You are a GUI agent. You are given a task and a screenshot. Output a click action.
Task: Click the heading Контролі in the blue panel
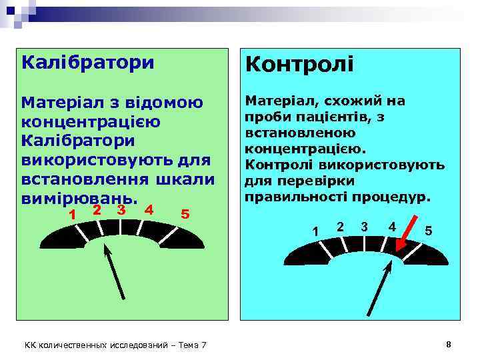click(299, 65)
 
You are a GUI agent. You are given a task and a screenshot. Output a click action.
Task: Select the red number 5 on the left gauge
click(185, 214)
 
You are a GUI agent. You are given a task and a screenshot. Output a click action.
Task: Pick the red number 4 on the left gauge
click(149, 209)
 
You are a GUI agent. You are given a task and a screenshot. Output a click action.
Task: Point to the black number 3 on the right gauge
click(364, 226)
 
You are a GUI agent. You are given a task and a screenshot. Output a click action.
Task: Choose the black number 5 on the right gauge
click(429, 231)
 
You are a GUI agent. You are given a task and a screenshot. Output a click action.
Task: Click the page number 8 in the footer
click(449, 344)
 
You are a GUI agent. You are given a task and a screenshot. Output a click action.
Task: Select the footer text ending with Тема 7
click(115, 345)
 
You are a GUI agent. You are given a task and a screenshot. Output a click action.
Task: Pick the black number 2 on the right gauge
click(340, 226)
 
